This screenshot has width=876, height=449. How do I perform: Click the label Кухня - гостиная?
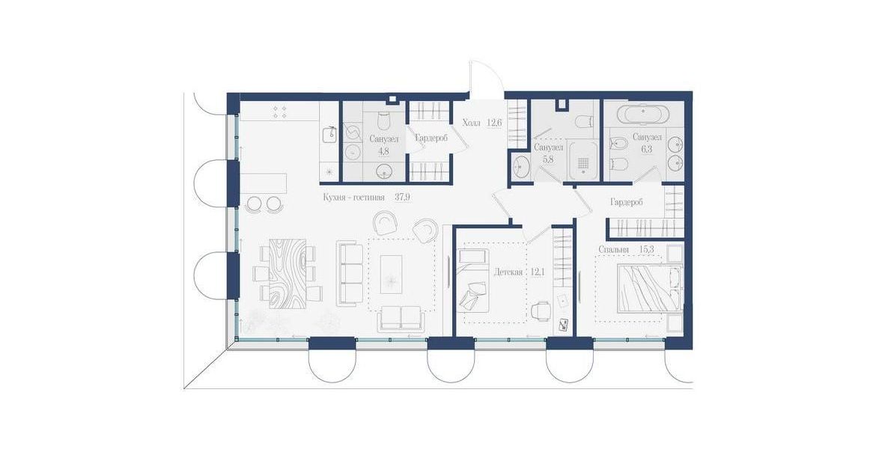(353, 197)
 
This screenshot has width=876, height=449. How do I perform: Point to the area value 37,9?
(402, 197)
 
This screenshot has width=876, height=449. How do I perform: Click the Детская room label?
(508, 272)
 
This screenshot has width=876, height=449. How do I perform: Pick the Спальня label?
(613, 250)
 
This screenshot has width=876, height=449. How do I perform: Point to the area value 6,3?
(646, 150)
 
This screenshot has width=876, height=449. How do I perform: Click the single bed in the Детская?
(472, 283)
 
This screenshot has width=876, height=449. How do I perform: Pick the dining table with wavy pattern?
(288, 273)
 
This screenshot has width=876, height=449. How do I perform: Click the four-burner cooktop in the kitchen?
(279, 112)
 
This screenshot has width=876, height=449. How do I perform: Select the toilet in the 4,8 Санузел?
(384, 120)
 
